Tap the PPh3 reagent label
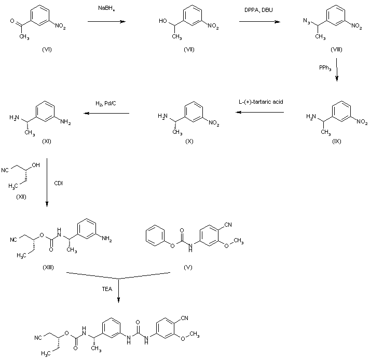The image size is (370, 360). [326, 67]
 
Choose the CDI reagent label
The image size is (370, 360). [59, 183]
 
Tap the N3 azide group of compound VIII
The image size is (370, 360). [306, 21]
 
